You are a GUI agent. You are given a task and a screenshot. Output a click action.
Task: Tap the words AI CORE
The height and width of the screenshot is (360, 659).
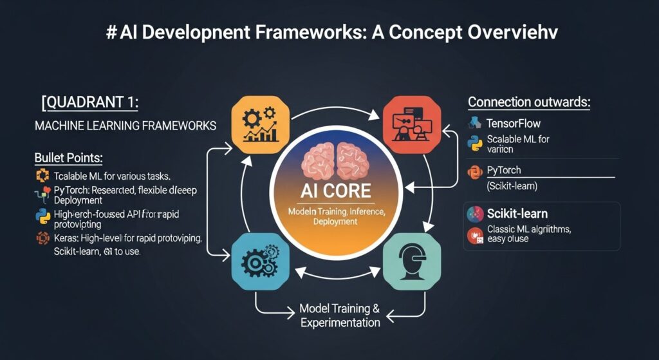coord(338,191)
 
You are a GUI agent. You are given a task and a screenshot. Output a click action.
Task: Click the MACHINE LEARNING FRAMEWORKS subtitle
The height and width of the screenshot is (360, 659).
coord(125,126)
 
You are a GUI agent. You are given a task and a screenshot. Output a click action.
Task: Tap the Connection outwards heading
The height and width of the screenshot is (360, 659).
coord(530,102)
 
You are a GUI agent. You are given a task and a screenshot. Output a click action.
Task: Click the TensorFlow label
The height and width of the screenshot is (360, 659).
coord(514,123)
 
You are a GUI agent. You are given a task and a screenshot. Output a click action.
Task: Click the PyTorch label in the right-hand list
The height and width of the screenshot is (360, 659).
coord(505,171)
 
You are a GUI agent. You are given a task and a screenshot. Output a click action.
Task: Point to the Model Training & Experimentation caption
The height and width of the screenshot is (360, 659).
coord(340,315)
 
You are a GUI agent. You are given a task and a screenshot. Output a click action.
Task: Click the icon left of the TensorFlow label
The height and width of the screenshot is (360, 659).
coord(476,122)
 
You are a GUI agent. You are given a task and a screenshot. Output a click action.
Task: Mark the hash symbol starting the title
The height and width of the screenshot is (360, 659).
coord(111,34)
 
